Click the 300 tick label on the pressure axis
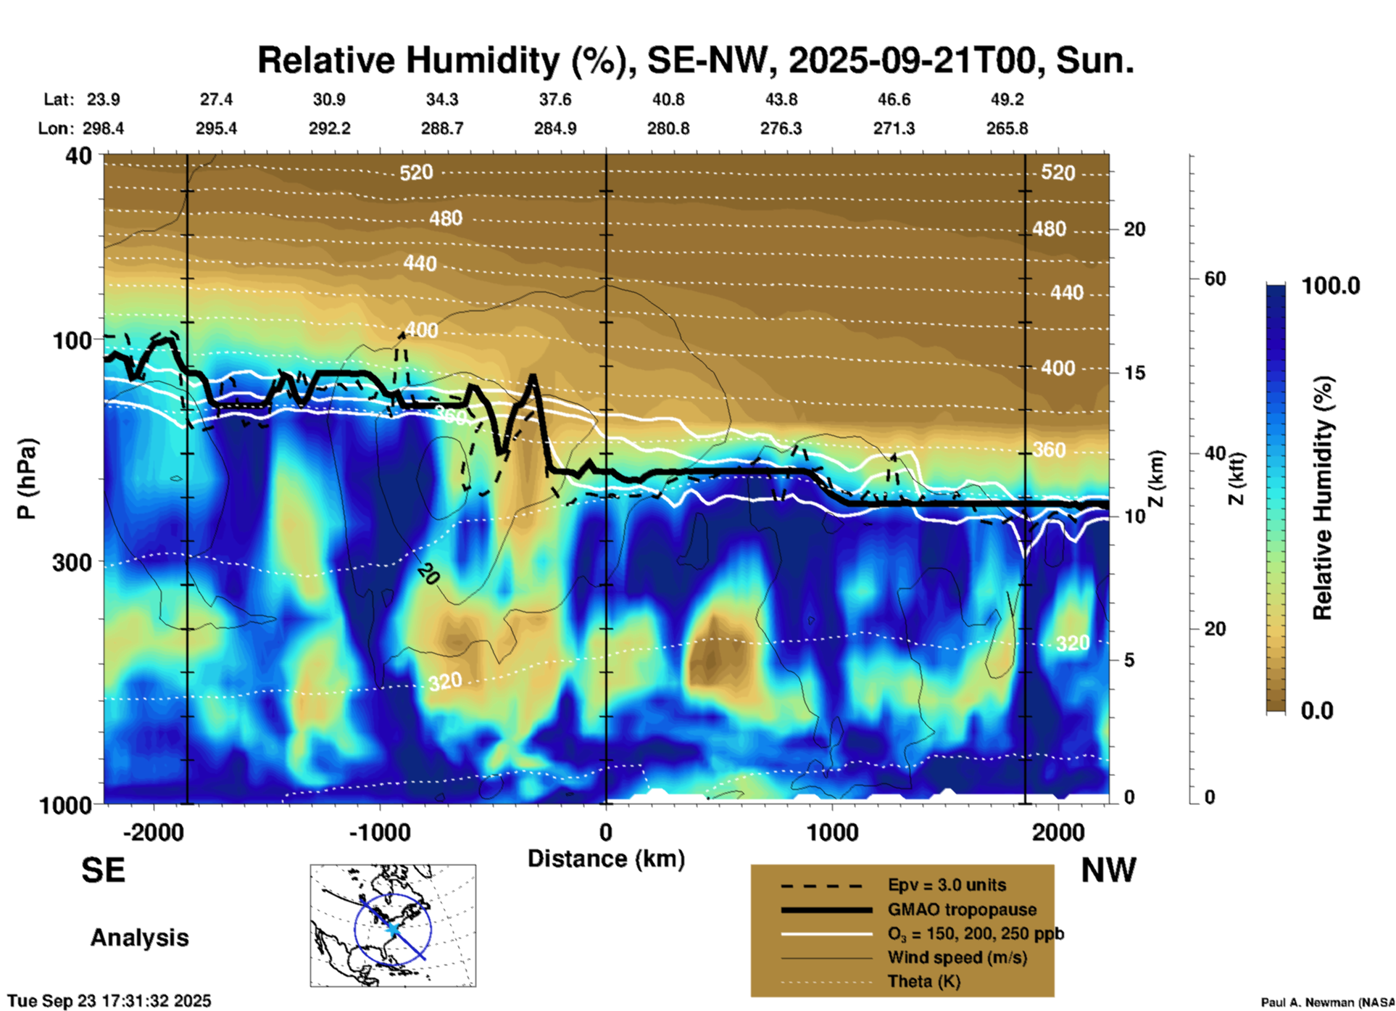click(x=72, y=562)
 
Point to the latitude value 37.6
click(x=554, y=99)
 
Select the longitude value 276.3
click(x=781, y=128)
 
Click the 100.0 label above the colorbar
click(x=1331, y=286)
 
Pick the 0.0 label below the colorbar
click(x=1317, y=711)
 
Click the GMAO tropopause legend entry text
click(x=962, y=909)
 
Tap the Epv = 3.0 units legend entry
click(x=947, y=885)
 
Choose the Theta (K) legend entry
click(x=923, y=981)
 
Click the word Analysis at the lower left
click(x=139, y=937)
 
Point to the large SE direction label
click(x=103, y=870)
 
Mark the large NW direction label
click(x=1108, y=870)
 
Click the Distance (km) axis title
click(x=606, y=859)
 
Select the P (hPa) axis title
click(x=27, y=479)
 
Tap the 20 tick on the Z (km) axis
click(x=1134, y=229)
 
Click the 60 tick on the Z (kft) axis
click(x=1215, y=278)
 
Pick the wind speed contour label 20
click(x=428, y=574)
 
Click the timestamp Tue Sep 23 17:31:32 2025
click(x=109, y=1001)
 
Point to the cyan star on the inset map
click(x=392, y=928)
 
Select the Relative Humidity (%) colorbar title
click(x=1323, y=498)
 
